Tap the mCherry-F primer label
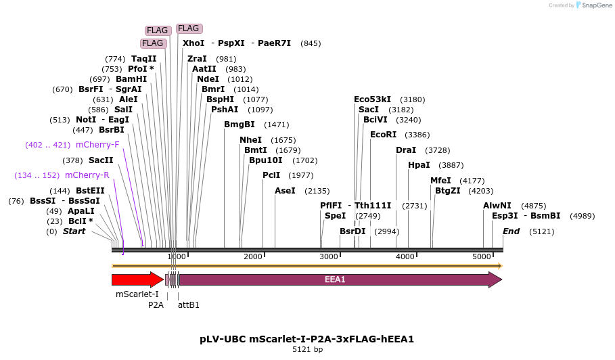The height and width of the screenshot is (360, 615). point(97,145)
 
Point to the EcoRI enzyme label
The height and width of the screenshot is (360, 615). point(383,135)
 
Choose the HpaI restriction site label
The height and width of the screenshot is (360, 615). point(419,165)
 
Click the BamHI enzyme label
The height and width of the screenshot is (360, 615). point(131,79)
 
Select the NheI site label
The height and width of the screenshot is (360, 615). point(250,140)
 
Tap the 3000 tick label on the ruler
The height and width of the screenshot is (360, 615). point(329,257)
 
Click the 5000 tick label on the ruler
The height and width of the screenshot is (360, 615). point(482,257)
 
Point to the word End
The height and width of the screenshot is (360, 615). point(511,231)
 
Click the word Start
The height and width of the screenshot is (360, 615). point(74,231)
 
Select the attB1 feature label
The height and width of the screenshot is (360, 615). point(189,305)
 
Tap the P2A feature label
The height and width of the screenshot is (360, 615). point(156,305)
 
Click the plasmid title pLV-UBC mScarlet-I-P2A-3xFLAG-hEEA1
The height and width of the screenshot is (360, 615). point(306,338)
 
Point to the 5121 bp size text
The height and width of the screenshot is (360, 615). point(307,350)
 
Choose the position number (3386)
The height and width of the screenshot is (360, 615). point(417,135)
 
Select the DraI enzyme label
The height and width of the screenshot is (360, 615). point(406,150)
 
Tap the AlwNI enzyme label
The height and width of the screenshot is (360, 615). point(497,206)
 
